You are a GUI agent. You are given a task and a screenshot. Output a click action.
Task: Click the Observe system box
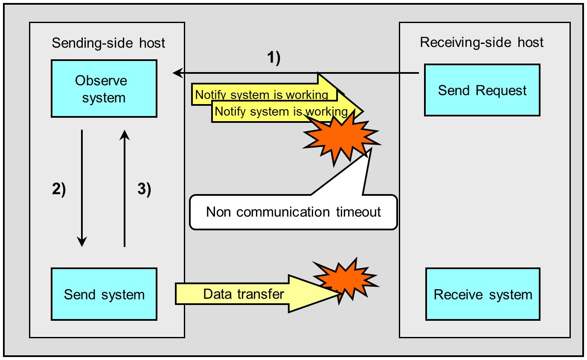(x=104, y=89)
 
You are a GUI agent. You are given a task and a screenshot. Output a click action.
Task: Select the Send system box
(x=104, y=294)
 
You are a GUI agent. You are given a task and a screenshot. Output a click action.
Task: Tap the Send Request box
(x=482, y=90)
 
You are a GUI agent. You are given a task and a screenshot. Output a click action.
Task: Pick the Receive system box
(x=483, y=294)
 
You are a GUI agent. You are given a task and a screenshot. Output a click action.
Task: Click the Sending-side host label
(x=108, y=43)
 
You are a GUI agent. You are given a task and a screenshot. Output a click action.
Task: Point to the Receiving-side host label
(x=482, y=43)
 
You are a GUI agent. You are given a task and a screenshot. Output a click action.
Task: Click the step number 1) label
(x=273, y=58)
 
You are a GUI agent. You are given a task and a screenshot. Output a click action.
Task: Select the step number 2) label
(x=59, y=189)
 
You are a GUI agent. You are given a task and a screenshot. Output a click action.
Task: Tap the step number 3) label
(x=144, y=189)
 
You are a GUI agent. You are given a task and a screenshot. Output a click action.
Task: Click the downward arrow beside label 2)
(x=81, y=188)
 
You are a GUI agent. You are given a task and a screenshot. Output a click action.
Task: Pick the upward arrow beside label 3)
(x=124, y=188)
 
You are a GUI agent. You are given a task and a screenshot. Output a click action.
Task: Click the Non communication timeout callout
(x=293, y=212)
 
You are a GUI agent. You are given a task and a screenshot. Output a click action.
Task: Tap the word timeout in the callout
(x=358, y=212)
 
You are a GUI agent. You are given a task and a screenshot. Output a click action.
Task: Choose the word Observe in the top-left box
(x=101, y=81)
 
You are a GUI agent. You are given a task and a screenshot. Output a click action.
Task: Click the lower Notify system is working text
(x=281, y=112)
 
